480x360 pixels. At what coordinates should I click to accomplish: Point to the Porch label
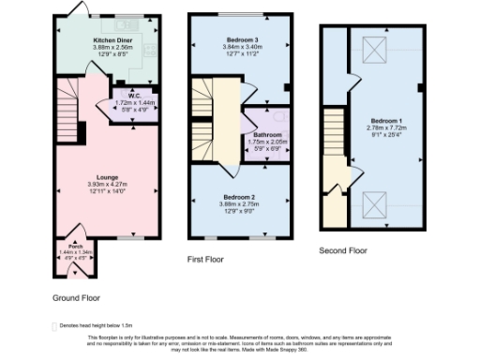[x=63, y=246]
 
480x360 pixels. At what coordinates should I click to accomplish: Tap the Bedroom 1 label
[x=385, y=122]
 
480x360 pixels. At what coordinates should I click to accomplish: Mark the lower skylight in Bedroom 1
[x=371, y=200]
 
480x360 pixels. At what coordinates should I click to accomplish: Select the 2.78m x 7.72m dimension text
[x=385, y=129]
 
